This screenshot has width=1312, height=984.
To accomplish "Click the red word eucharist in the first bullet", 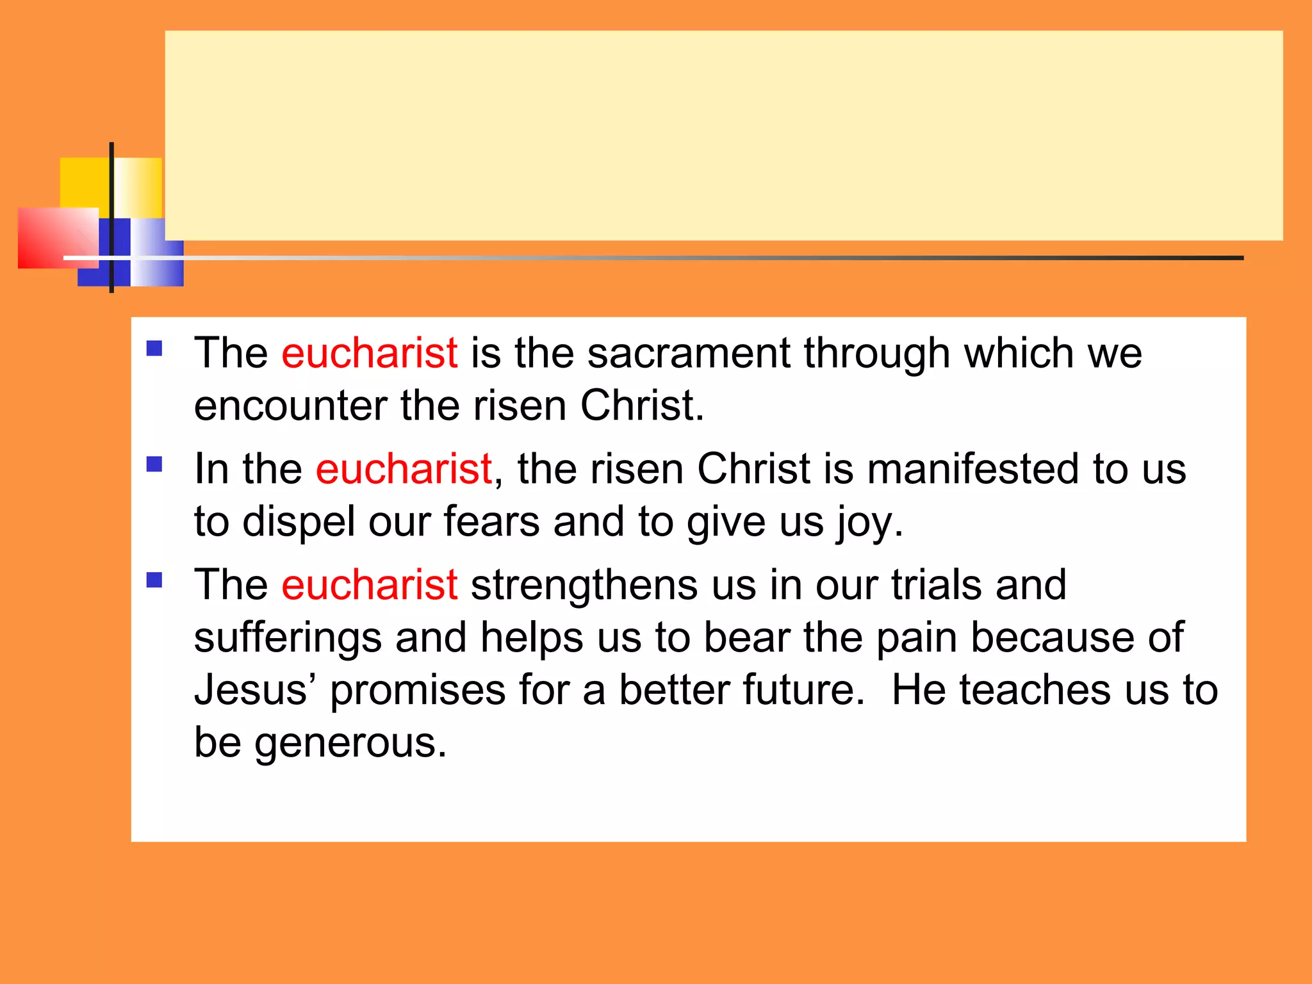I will pos(370,353).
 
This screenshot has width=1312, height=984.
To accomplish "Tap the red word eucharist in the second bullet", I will pos(404,469).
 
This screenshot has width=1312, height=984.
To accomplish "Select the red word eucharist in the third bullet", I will pos(370,585).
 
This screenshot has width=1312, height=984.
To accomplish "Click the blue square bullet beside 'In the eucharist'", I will pos(154,464).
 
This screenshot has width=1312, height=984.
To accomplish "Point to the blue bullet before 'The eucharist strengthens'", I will pos(154,580).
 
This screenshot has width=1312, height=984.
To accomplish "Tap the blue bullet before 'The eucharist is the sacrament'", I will pos(154,348).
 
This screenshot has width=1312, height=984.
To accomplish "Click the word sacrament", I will pos(689,353).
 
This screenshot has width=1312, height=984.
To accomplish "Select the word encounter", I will pos(290,406).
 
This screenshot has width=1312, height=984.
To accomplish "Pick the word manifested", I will pos(973,469).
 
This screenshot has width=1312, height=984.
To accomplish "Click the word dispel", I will pos(299,521).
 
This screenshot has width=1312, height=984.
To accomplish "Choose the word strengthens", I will pos(584,585).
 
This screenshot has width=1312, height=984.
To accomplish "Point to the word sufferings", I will pos(288,638).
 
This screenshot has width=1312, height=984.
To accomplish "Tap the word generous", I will pos(350,744).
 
